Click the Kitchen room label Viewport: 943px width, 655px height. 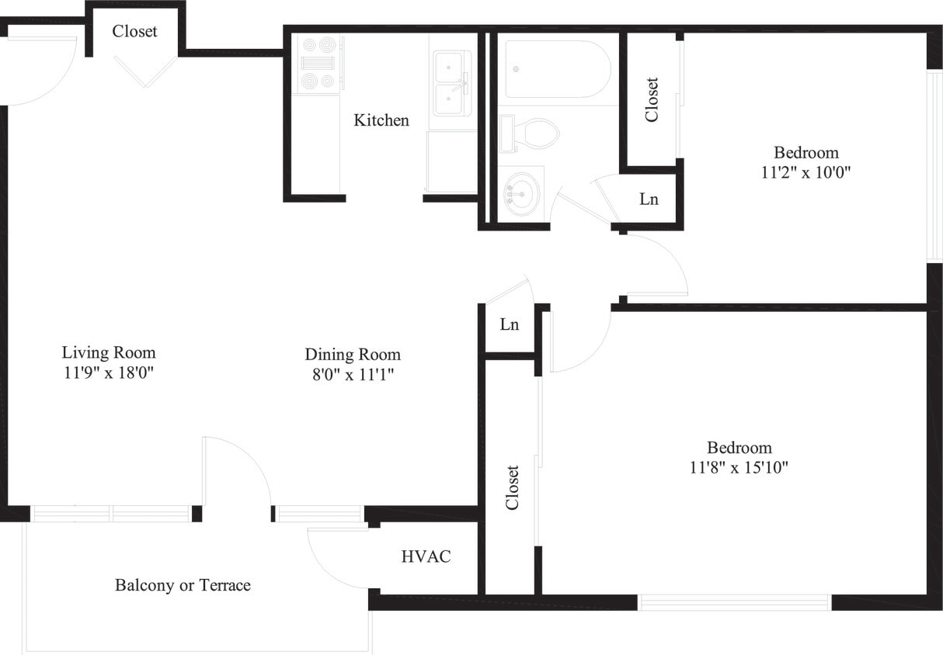coord(381,120)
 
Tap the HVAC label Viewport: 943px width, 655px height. coord(426,556)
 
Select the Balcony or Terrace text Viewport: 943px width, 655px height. coord(183,585)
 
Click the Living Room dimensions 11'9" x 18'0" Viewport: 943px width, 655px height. coord(109,372)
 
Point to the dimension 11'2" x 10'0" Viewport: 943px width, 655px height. coord(806,172)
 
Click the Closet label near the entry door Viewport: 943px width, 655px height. coord(134,32)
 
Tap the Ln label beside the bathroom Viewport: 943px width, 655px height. coord(649,199)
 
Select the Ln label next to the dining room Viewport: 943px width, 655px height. coord(509,325)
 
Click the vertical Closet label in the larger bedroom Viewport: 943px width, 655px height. coord(512,487)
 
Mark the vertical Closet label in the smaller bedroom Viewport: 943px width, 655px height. coord(652,99)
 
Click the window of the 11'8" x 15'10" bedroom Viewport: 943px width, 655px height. coord(734,602)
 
